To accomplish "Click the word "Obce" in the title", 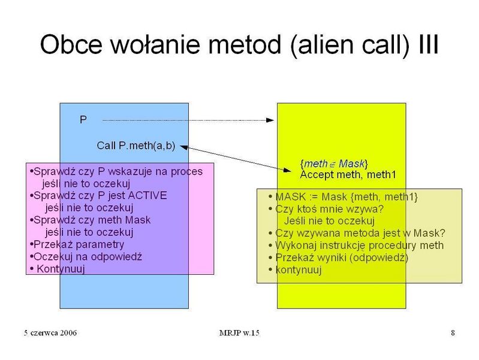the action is coord(71,44).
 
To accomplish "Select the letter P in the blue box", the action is coord(83,119).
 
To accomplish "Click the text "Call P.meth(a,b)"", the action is coord(136,146).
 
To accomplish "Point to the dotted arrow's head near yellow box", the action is coord(270,120).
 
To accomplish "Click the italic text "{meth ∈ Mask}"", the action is coord(334,164).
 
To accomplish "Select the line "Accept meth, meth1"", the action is coord(348,175).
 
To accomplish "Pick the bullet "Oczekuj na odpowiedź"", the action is coord(86,257).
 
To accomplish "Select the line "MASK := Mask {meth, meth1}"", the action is coord(343,197).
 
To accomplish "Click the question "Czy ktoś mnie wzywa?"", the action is coord(326,209).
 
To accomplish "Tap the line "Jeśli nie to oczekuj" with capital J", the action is coord(329,221).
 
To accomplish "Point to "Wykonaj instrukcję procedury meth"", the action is coord(356,245).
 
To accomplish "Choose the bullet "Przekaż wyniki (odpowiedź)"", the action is coord(339,258).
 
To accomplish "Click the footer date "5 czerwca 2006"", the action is coord(50,333).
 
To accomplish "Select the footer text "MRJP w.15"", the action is coord(239,333).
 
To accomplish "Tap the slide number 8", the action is coord(453,333).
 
